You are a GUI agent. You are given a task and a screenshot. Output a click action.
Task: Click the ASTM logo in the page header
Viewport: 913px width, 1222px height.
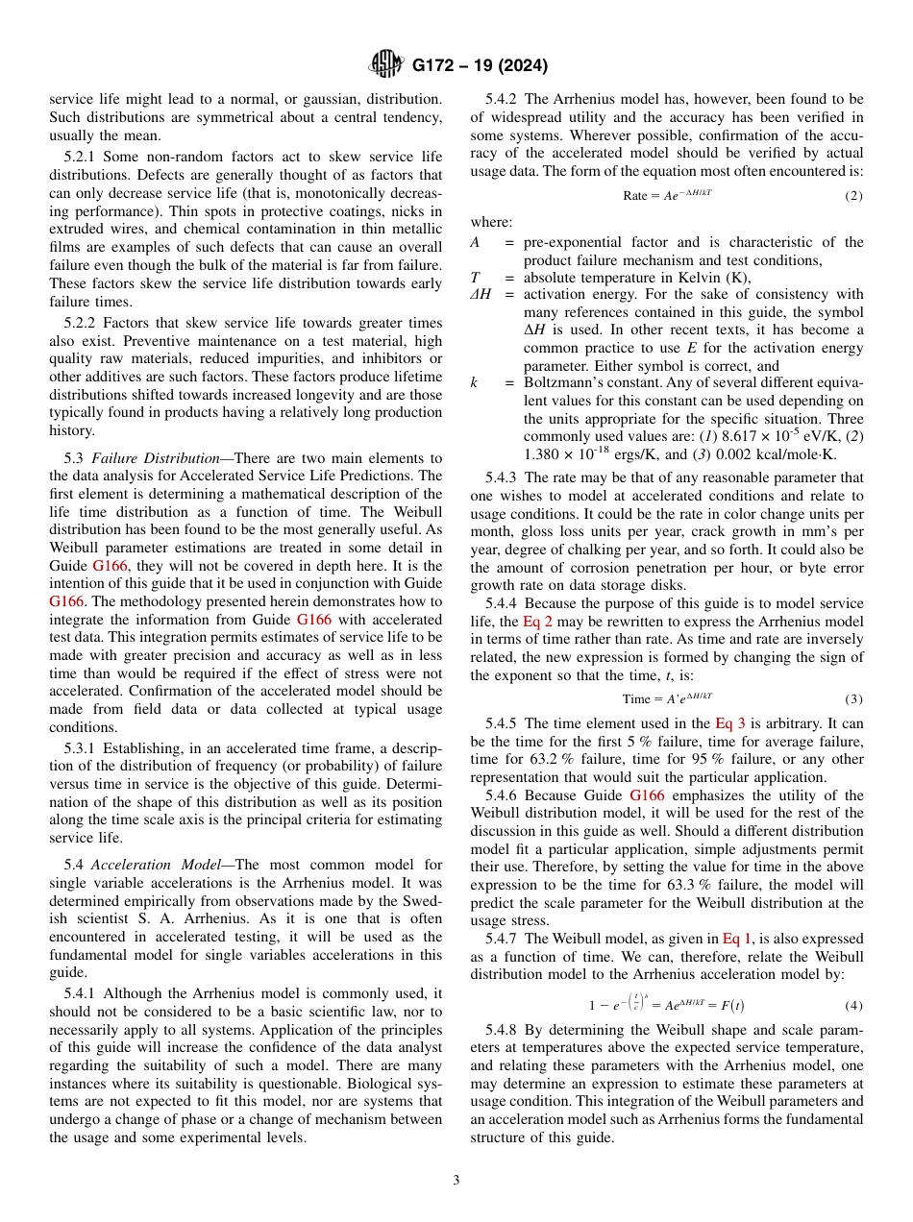(x=387, y=65)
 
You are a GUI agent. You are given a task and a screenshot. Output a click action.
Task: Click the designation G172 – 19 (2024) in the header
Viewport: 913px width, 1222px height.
(x=480, y=66)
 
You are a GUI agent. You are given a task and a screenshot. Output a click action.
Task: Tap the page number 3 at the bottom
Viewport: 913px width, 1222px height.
(x=456, y=1180)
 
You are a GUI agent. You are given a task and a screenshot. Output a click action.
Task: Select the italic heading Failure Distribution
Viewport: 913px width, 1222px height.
(x=142, y=457)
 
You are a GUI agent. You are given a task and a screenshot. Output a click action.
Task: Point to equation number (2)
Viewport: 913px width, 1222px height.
(x=853, y=196)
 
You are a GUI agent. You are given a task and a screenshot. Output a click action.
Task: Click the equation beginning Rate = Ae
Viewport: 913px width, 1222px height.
(x=667, y=195)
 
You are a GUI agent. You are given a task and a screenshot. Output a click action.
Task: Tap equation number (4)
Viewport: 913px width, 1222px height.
(x=853, y=1006)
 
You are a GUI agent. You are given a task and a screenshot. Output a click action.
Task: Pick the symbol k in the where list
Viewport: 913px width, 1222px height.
(x=474, y=382)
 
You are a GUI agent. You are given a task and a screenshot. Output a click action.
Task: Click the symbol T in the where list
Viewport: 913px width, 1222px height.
(x=474, y=278)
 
